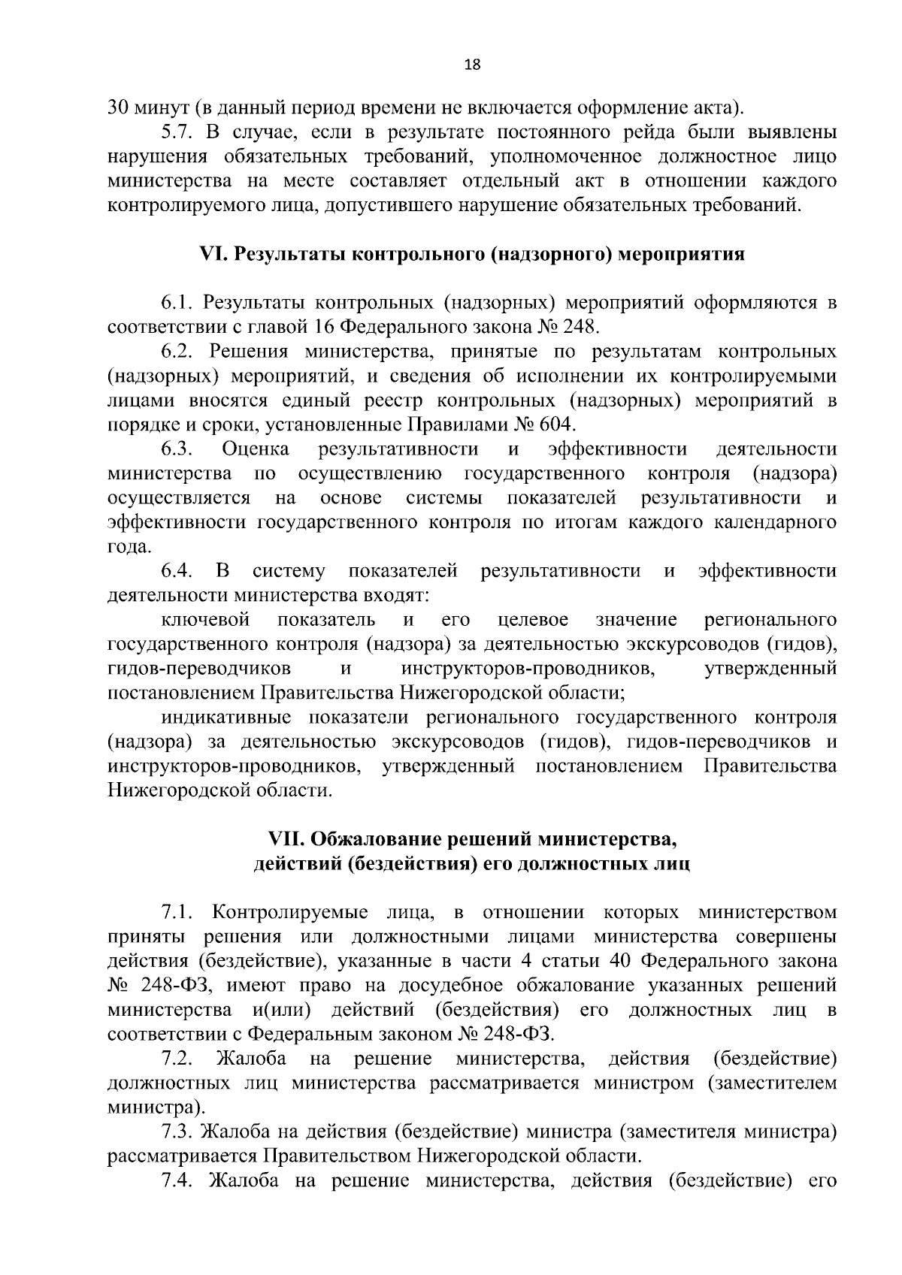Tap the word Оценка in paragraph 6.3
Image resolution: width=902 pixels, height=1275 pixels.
click(256, 449)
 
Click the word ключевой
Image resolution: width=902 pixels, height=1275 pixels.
click(205, 620)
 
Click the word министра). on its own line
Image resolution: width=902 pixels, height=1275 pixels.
click(156, 1107)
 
